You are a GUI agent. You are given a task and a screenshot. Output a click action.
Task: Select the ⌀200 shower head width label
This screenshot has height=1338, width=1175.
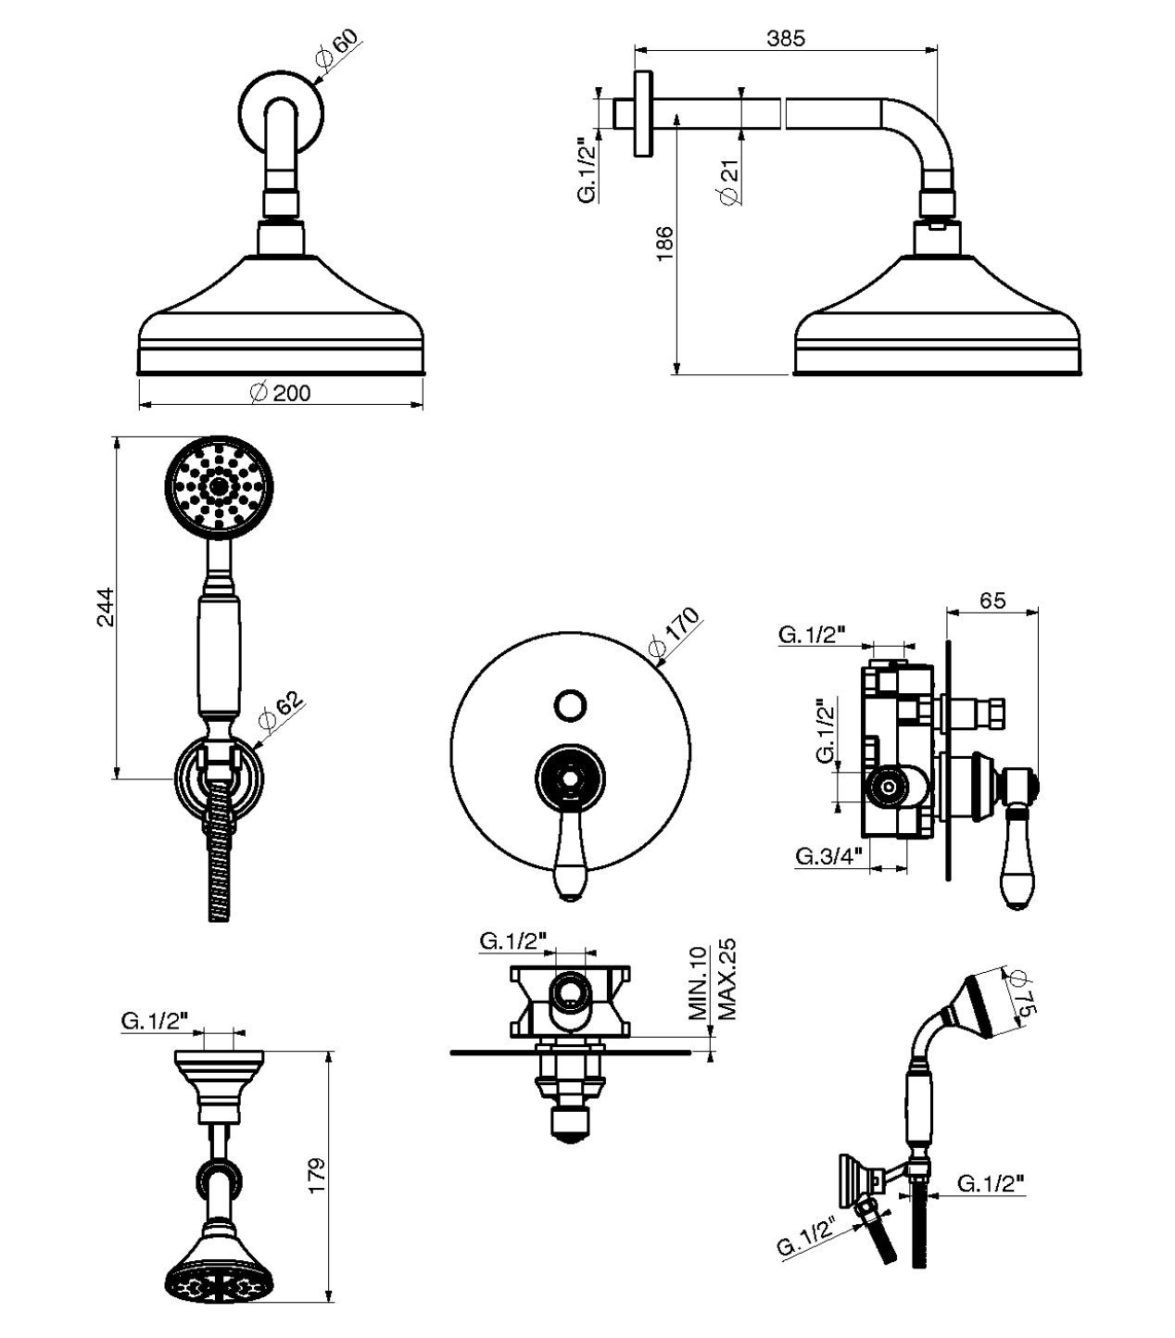281,393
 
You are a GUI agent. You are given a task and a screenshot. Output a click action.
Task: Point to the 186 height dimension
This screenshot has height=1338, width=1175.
664,244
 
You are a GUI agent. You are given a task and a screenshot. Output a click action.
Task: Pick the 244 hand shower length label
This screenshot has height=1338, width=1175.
105,607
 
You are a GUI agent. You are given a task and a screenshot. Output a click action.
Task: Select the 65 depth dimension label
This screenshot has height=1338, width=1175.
992,600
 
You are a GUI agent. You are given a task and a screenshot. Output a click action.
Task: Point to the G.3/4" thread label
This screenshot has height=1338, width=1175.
828,856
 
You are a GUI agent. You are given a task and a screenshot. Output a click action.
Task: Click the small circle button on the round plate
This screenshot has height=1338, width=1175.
569,704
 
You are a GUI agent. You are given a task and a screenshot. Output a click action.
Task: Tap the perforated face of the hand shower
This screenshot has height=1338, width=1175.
220,485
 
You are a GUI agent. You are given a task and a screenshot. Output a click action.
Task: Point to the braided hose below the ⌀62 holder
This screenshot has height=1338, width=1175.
219,852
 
